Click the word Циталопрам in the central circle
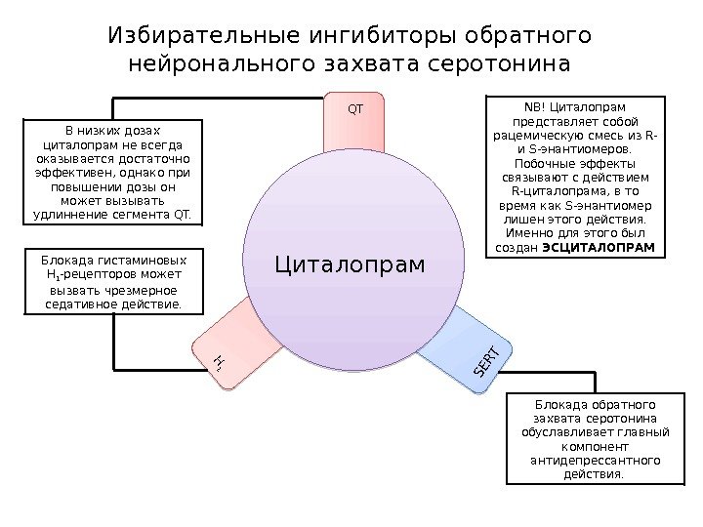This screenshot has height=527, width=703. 351,263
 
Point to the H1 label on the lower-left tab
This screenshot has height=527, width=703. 219,364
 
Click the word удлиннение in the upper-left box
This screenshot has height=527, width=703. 72,213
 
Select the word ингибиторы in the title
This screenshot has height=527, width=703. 354,37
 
